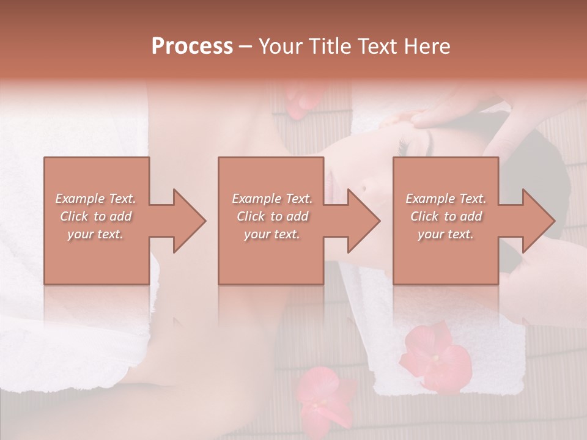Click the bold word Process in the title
coord(192,46)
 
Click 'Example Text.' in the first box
coord(95,199)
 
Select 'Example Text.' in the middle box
coord(271,199)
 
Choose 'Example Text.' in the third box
coord(446,199)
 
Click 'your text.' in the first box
coord(95,234)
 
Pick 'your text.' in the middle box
coord(271,234)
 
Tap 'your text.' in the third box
coord(446,234)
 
